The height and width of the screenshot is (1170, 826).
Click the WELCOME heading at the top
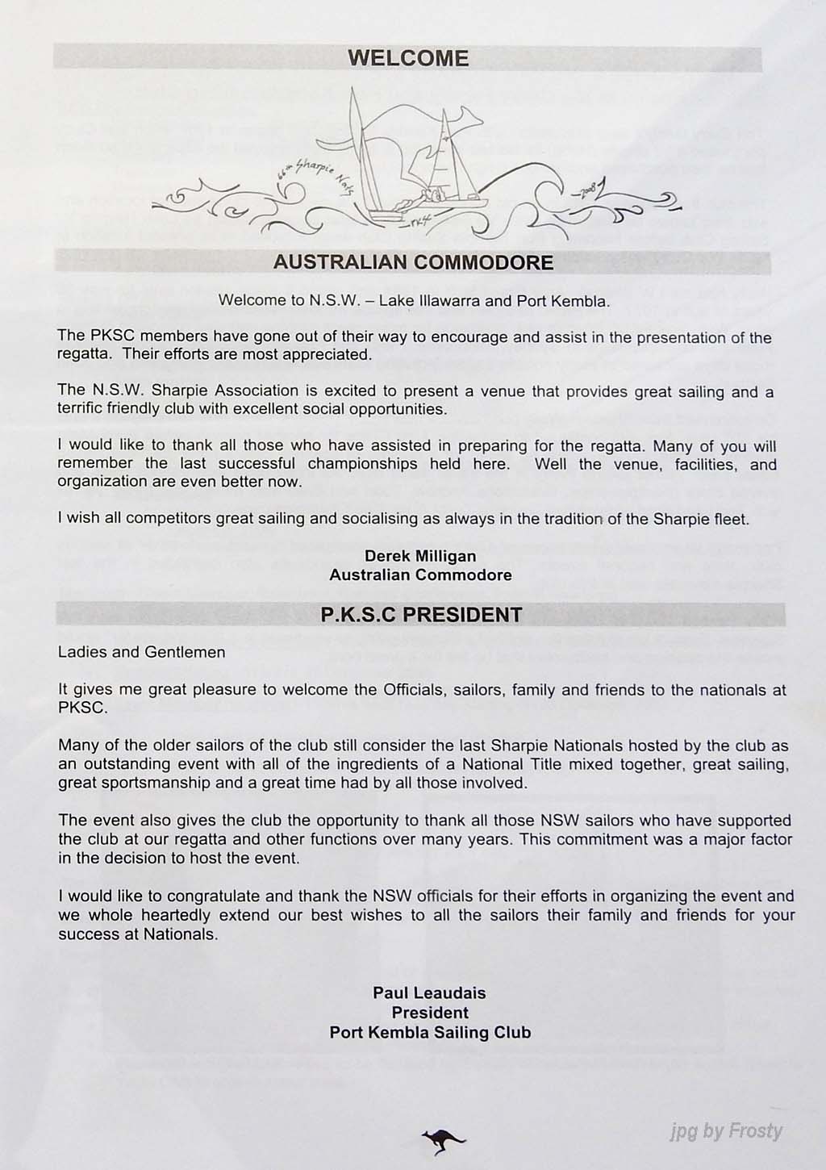coord(408,58)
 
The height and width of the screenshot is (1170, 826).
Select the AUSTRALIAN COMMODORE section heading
coord(413,262)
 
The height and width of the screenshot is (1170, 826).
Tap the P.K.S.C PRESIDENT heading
coord(421,615)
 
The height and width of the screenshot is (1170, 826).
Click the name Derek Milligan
coord(420,556)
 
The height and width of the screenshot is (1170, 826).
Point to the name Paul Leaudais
coord(429,992)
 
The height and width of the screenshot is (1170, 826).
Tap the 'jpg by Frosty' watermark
coord(726,1131)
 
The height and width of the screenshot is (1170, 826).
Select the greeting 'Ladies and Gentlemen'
coord(142,652)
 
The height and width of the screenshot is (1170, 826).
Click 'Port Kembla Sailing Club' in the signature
coord(430,1032)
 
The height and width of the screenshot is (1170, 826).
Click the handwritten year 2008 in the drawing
coord(586,190)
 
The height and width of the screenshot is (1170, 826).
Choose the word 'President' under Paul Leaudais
coord(430,1013)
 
